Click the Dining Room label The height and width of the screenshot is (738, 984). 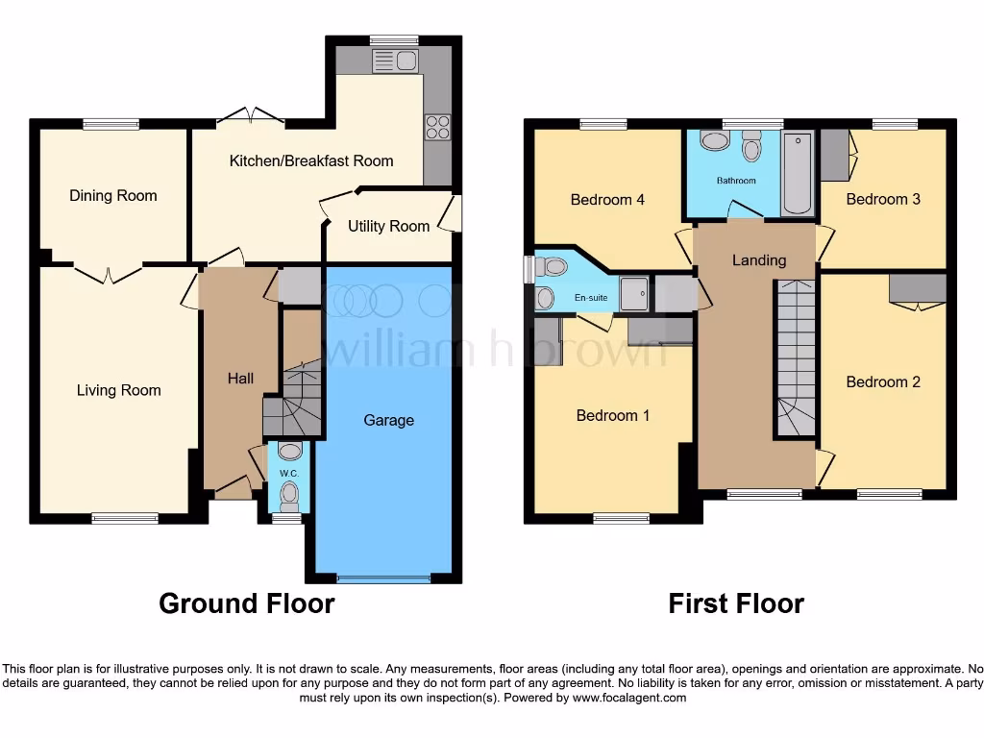tap(112, 196)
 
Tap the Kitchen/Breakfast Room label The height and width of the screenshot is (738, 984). tap(311, 160)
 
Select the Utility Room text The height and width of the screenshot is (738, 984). tap(388, 227)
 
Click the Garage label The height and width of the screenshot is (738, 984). tap(389, 420)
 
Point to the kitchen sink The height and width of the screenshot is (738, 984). tap(393, 61)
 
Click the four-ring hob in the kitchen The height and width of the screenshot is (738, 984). tap(437, 128)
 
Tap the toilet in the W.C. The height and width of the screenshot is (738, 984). tap(288, 493)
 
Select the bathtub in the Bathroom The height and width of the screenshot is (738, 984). tap(798, 173)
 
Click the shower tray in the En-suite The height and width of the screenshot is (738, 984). tap(633, 294)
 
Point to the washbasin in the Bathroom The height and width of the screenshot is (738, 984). tap(714, 142)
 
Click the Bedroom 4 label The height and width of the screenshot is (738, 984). tap(607, 200)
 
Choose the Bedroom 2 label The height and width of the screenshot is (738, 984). tap(883, 382)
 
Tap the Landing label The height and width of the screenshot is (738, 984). tap(759, 260)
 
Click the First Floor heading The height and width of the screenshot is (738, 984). tap(736, 603)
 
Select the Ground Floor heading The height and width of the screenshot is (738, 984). tap(246, 603)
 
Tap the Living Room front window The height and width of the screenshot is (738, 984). tap(125, 519)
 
